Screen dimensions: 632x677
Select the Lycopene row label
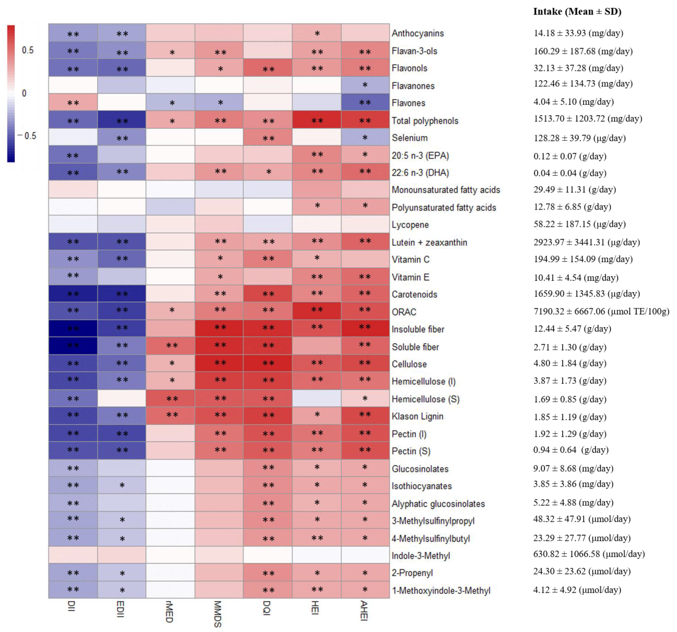point(410,225)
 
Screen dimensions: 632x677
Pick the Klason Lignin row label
point(417,416)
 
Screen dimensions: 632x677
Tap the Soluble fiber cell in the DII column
point(73,346)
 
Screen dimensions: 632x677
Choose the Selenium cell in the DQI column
point(268,138)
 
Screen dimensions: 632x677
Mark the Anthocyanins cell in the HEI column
point(317,33)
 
